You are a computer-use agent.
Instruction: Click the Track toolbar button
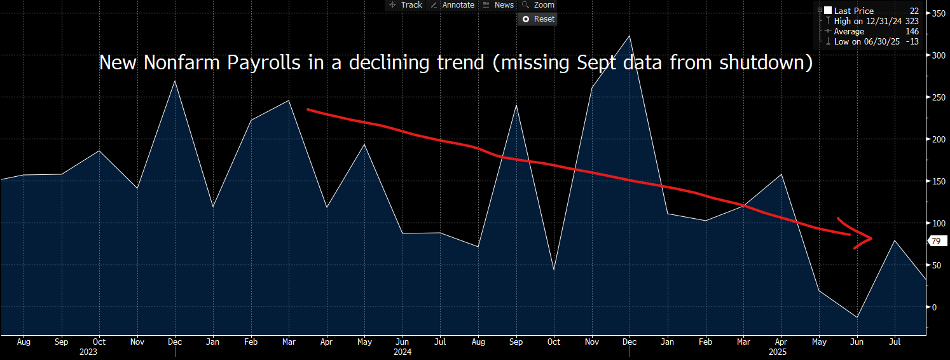coord(406,5)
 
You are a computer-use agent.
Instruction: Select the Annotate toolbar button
coord(452,5)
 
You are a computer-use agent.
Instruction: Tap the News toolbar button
coord(499,5)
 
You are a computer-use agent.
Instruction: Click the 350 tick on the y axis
coord(937,13)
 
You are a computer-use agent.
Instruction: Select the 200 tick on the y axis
coord(937,139)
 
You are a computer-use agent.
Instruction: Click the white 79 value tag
coord(935,241)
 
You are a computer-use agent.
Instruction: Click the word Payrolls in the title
coord(236,64)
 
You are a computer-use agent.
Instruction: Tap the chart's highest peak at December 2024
coord(630,36)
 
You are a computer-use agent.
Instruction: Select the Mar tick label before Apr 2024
coord(289,342)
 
